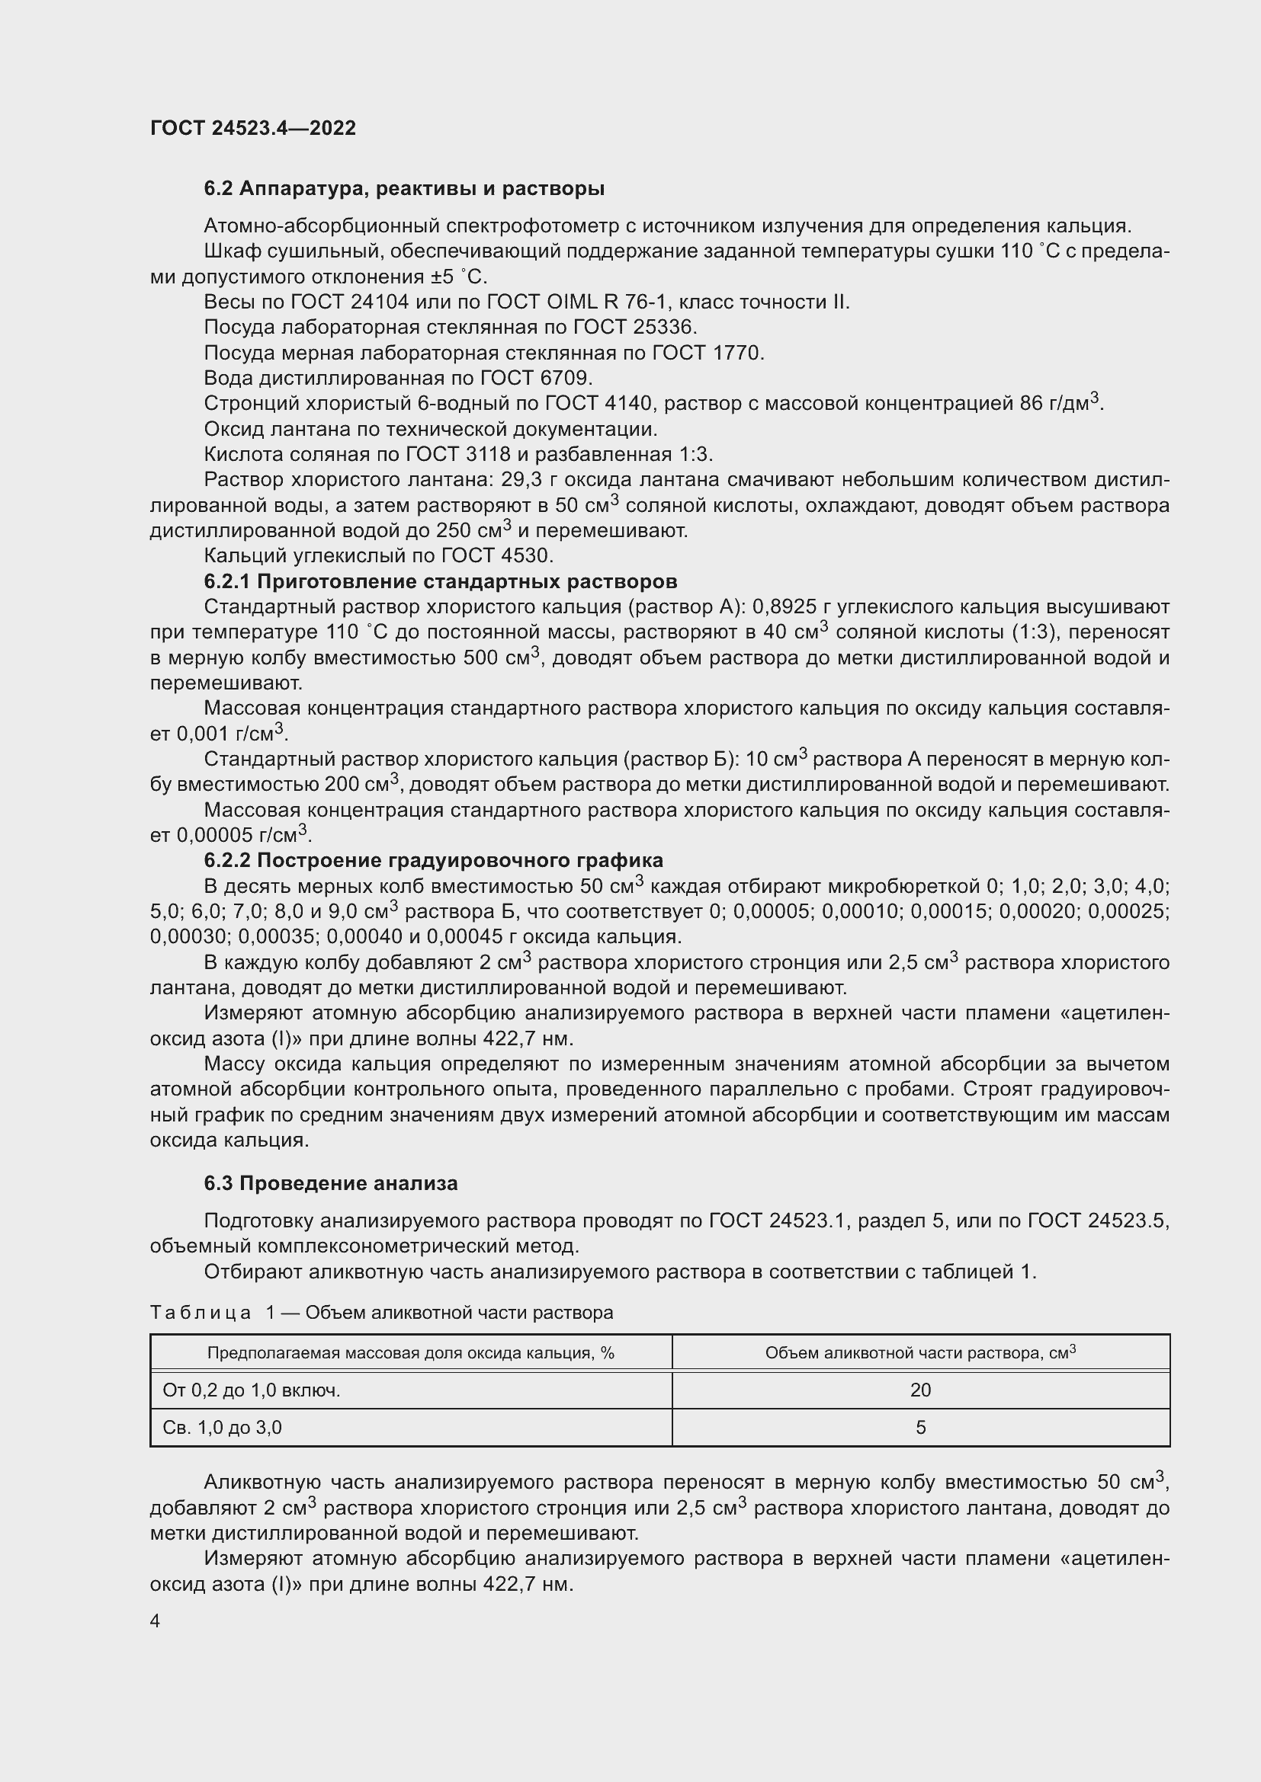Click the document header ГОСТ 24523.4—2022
[x=252, y=128]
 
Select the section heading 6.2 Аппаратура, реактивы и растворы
[x=404, y=189]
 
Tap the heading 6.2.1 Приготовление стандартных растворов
[x=440, y=581]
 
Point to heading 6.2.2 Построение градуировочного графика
[x=433, y=860]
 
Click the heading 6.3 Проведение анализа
[x=331, y=1184]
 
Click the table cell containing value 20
[x=920, y=1390]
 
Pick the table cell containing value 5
[x=920, y=1427]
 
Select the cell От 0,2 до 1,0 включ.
[x=252, y=1390]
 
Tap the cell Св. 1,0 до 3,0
[x=222, y=1427]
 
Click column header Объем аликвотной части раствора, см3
[x=920, y=1353]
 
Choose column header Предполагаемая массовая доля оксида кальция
[x=410, y=1354]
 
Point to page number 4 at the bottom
[x=156, y=1621]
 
